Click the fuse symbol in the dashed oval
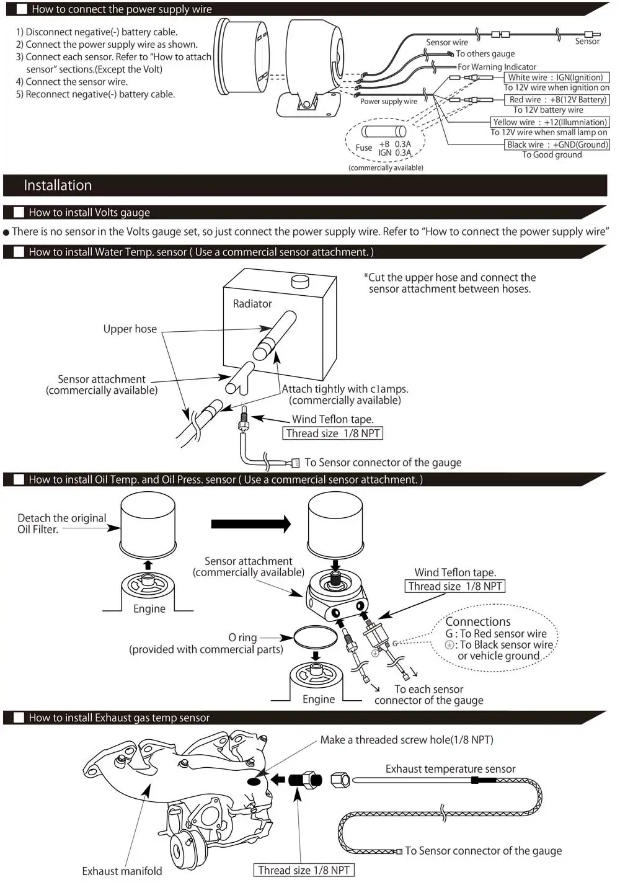point(384,131)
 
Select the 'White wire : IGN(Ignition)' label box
point(556,78)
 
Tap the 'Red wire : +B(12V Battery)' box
point(557,99)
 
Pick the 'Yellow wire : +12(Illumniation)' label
point(550,122)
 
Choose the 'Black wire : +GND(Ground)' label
point(557,145)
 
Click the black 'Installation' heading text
point(58,185)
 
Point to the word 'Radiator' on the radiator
point(252,304)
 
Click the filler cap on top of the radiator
point(300,282)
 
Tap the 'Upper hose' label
point(130,329)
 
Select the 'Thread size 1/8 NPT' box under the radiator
point(333,434)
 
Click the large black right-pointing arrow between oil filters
point(250,524)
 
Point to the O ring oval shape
point(315,638)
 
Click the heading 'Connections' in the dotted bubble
point(478,621)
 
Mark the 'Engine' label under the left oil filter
point(149,609)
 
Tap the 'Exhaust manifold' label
point(122,871)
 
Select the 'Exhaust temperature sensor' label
point(451,769)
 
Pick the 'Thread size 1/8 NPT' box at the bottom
point(304,870)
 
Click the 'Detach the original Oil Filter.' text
point(61,523)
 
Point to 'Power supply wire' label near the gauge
point(389,102)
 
